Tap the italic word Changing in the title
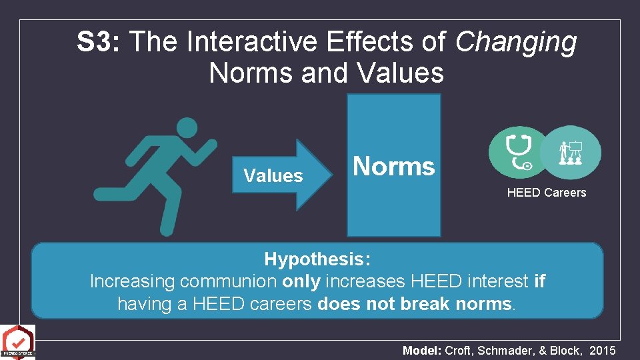[x=516, y=43]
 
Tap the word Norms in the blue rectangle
[x=393, y=166]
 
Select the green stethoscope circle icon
[x=518, y=152]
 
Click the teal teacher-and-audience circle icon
[x=570, y=152]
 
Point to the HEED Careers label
[x=546, y=193]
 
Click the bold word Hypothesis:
[x=317, y=259]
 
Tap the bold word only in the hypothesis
[x=301, y=281]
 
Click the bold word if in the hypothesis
[x=539, y=281]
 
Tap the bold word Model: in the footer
[x=423, y=351]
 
